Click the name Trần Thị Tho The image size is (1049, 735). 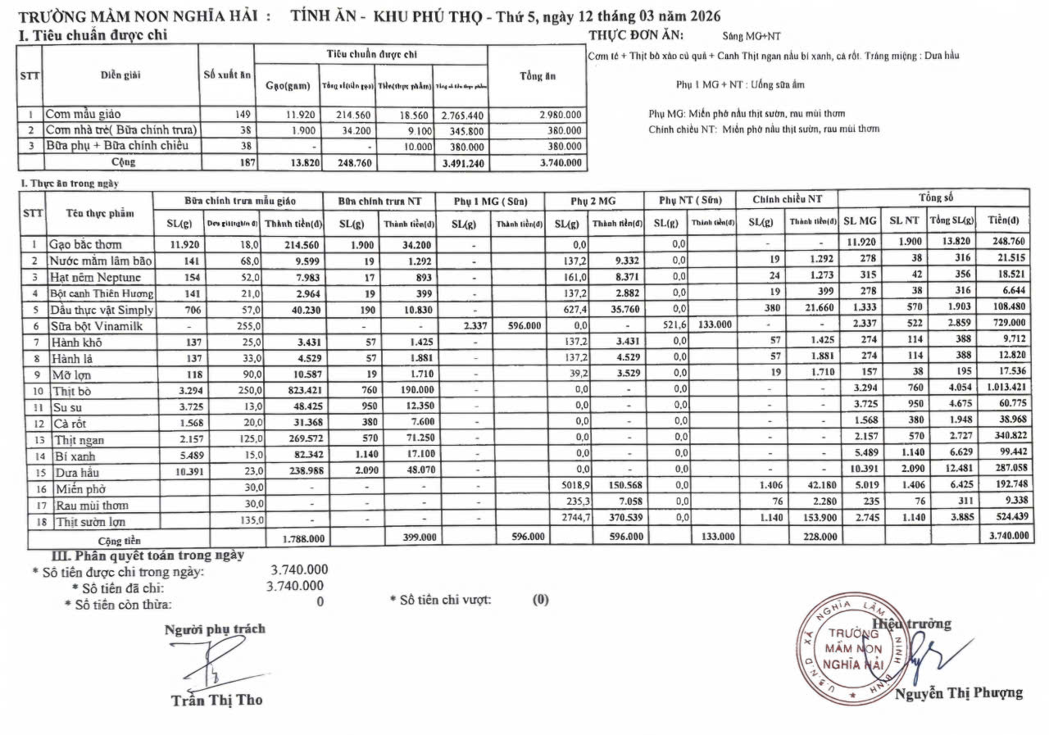point(216,701)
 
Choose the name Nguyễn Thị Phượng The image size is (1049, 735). point(959,693)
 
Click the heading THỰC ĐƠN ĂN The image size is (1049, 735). point(636,35)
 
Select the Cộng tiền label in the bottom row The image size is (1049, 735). point(120,541)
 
